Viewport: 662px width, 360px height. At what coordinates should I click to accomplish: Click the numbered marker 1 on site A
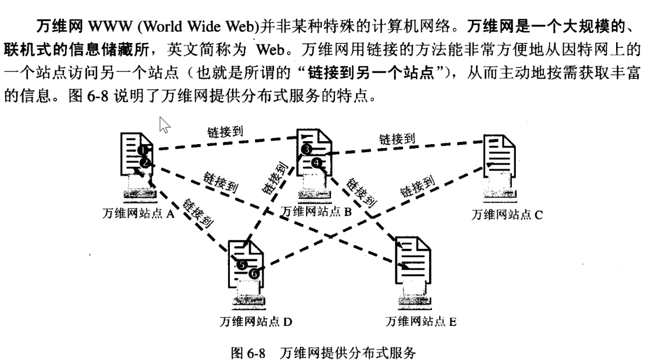coord(142,150)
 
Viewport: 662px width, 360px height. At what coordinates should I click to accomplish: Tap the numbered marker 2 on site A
coord(144,163)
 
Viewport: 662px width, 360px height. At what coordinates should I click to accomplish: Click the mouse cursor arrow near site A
coord(164,125)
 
